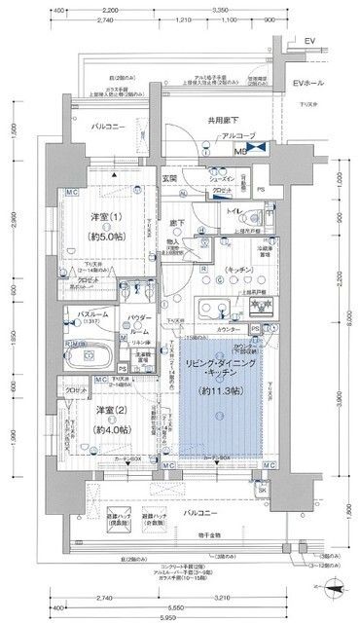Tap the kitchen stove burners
pyautogui.click(x=260, y=305)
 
